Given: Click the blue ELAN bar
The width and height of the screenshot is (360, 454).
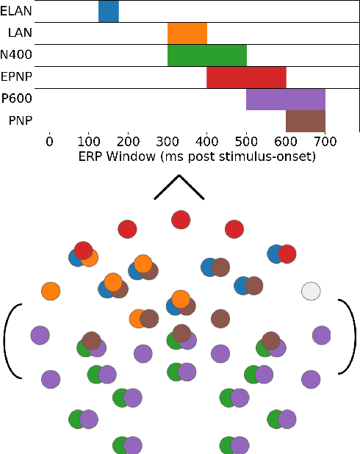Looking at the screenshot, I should coord(108,11).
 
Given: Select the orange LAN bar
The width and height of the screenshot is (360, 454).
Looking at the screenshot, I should coord(187,33).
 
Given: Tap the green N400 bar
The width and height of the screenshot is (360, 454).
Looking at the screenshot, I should coord(207,55).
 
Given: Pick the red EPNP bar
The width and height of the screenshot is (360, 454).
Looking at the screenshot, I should coord(246,77).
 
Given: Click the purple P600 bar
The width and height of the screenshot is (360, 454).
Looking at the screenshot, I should coord(285,98).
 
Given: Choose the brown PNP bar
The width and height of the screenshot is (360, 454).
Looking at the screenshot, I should coord(305,120).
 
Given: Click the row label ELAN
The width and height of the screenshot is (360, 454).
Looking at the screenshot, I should coord(16,11).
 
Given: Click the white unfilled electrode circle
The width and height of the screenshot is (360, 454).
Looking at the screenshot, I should coord(311,291).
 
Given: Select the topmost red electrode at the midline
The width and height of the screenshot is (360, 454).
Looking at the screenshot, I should coord(180,219).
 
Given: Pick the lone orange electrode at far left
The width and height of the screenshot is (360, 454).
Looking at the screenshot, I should coord(51,291).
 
